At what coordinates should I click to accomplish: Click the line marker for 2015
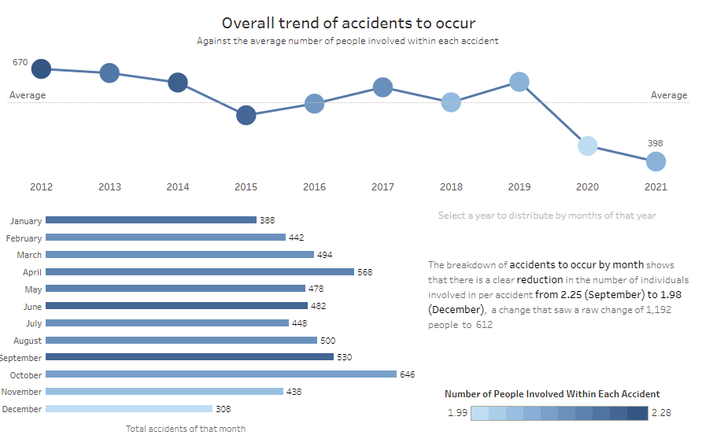tap(246, 115)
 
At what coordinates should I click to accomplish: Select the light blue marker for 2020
tap(587, 146)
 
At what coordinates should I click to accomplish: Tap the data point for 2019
tap(519, 81)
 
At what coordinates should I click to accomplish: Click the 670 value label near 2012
tap(20, 62)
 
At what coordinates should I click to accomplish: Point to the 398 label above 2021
tap(656, 143)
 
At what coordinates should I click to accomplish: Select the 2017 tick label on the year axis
tap(382, 187)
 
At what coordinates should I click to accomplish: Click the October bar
tap(220, 374)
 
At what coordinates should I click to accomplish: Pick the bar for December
tap(129, 409)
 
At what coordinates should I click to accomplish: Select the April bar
tap(200, 271)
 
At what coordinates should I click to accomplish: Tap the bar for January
tap(151, 220)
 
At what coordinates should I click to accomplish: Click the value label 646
tap(407, 374)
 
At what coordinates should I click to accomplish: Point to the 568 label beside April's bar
tap(364, 272)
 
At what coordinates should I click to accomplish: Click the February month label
tap(24, 238)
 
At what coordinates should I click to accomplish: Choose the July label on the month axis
tap(33, 323)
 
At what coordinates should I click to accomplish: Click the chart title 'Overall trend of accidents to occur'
tap(349, 23)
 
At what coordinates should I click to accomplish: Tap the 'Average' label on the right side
tap(669, 95)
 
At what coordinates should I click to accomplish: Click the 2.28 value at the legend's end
tap(662, 413)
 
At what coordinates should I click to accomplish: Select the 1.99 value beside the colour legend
tap(456, 413)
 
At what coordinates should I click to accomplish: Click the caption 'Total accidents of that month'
tap(186, 429)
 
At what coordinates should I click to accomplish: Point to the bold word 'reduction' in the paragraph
tap(540, 280)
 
